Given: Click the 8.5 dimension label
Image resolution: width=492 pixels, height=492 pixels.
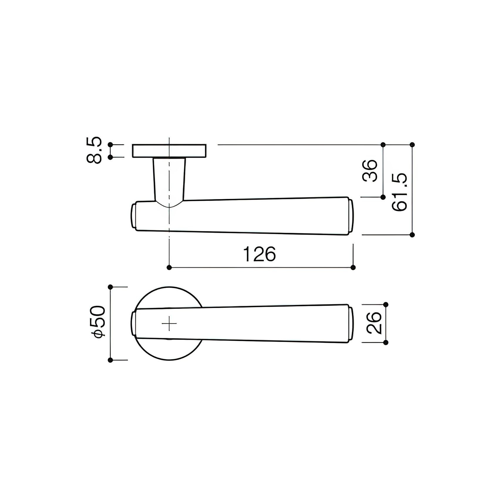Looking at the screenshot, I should (x=95, y=150).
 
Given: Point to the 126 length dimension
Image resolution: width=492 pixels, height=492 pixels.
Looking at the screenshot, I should (x=260, y=254).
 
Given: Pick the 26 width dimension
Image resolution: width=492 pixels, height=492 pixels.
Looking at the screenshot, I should (x=374, y=323).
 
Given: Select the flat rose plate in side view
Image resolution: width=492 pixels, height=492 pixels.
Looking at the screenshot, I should (x=169, y=151).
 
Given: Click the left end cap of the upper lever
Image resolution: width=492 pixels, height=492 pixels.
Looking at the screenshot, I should (x=133, y=217).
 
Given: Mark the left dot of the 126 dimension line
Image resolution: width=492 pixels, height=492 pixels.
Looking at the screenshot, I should (x=169, y=267).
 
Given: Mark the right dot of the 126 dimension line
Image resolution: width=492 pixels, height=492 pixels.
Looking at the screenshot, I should (x=353, y=267).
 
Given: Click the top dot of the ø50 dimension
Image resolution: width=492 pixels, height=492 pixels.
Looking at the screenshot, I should (x=110, y=287).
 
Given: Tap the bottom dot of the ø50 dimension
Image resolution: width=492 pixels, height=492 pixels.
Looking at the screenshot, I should (x=110, y=360).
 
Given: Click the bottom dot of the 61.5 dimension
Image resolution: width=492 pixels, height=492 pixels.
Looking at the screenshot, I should (x=412, y=235).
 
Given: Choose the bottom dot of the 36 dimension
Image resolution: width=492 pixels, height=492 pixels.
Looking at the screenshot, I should (x=383, y=197).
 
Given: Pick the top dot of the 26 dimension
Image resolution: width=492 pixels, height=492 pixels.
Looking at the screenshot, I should (x=386, y=304).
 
